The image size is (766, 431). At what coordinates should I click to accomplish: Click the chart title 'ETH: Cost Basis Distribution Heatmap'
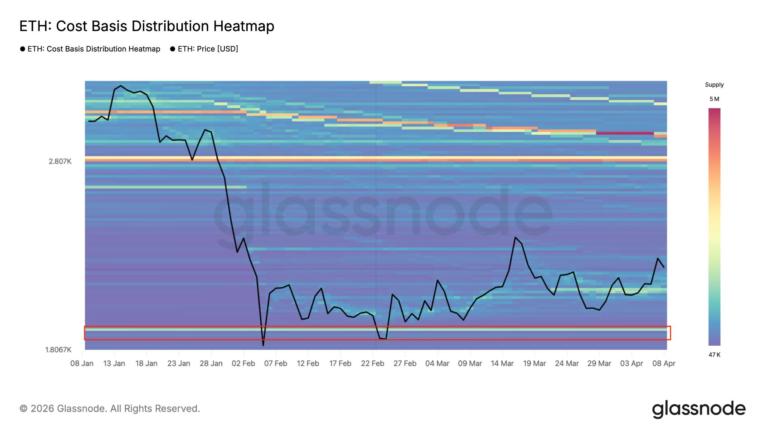pos(147,26)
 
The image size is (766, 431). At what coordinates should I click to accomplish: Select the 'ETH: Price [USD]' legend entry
pos(208,49)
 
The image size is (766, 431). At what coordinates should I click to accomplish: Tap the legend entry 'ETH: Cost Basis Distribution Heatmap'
pos(94,49)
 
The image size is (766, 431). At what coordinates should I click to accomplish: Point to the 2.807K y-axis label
pos(60,162)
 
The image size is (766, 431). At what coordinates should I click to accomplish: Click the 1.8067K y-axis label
pos(58,350)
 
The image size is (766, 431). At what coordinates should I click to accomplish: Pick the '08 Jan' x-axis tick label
pos(82,364)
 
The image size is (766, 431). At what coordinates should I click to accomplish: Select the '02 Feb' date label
pos(243,364)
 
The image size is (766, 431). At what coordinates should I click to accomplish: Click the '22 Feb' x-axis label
pos(373,364)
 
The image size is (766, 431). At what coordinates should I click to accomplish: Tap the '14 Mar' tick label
pos(502,364)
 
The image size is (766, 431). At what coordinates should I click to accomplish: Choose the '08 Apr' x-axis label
pos(664,364)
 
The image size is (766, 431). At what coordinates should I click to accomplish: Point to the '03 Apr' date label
pos(631,364)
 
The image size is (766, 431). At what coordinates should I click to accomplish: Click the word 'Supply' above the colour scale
pos(714,85)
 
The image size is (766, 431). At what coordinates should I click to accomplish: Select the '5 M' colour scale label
pos(714,99)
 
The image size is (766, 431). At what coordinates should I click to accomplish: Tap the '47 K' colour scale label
pos(714,355)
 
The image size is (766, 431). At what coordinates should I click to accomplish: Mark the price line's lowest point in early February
pos(263,345)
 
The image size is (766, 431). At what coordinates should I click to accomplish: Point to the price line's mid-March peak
pos(515,237)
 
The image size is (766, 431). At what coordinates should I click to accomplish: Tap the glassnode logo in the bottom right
pos(699,409)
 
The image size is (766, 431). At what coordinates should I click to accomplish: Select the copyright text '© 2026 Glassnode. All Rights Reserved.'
pos(110,409)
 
